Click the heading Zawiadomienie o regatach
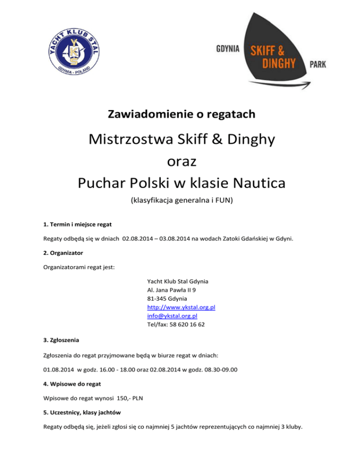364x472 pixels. pyautogui.click(x=182, y=114)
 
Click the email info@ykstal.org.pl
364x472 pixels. pyautogui.click(x=173, y=316)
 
